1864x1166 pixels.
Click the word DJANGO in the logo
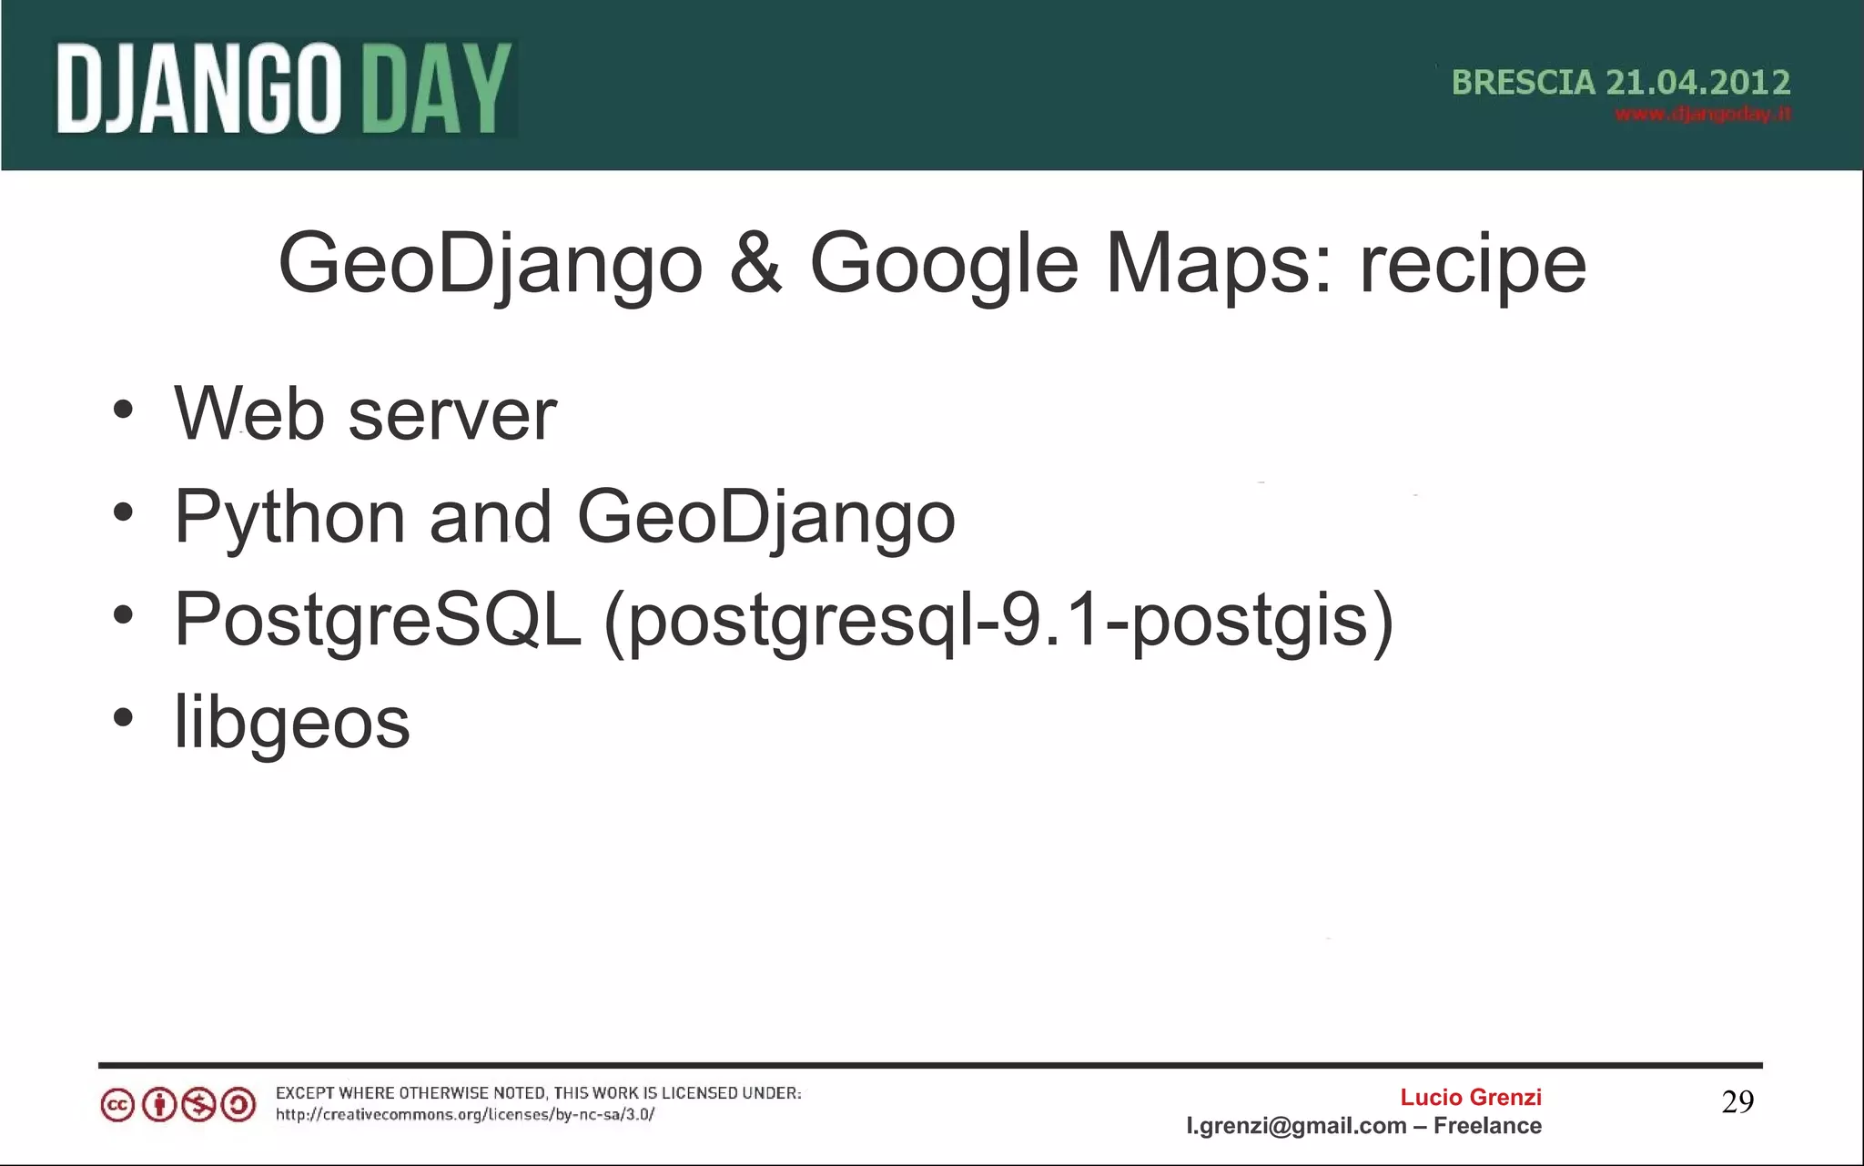[198, 89]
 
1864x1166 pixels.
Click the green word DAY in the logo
[437, 89]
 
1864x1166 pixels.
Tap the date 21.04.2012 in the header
[1697, 83]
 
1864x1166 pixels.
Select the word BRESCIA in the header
[1523, 83]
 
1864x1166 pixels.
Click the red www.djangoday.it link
[1702, 115]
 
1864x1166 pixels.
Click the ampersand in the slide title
[755, 263]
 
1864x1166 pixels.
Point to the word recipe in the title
[1473, 265]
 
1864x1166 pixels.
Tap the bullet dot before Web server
[123, 409]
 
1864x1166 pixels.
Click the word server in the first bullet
[451, 415]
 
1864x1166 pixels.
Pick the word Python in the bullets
[289, 517]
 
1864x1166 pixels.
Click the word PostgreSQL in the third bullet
[377, 620]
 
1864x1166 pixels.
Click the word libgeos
[291, 722]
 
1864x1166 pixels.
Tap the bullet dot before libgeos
[123, 717]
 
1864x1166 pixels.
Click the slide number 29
[1737, 1102]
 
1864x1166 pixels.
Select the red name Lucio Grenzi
[1470, 1097]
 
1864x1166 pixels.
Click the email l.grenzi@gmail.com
[1295, 1126]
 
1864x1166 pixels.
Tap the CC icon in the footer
[117, 1106]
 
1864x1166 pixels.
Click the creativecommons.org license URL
[464, 1114]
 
